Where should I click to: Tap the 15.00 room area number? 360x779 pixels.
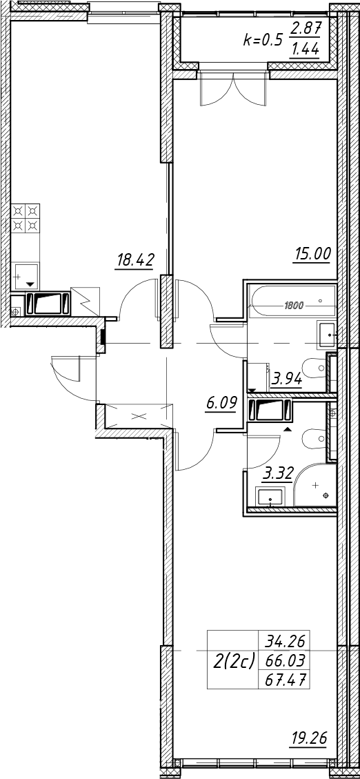(x=311, y=255)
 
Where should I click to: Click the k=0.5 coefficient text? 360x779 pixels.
(x=262, y=41)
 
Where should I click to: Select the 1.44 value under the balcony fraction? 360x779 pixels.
(x=304, y=50)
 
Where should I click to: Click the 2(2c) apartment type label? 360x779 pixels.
(x=233, y=660)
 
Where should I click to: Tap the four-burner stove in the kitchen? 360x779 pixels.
(x=26, y=219)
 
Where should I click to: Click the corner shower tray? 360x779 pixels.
(x=315, y=484)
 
